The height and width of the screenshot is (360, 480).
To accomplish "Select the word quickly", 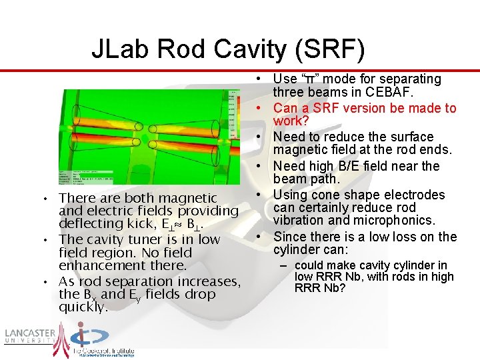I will click(83, 307).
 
